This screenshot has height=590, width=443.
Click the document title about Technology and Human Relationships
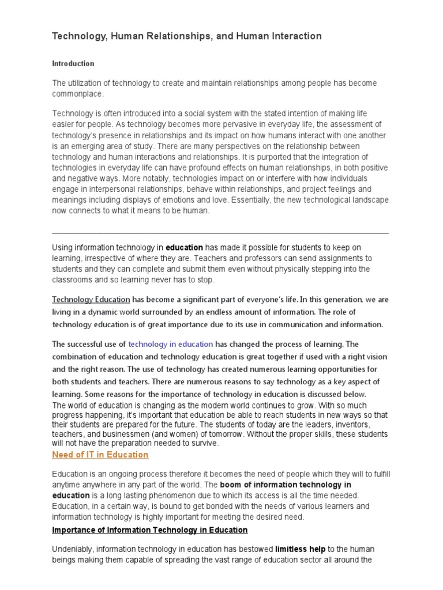tap(187, 36)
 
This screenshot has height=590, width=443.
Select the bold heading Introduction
tap(73, 63)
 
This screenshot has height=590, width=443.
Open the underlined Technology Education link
tap(91, 300)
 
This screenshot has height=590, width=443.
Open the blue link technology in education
tap(171, 344)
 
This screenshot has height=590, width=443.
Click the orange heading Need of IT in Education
tap(100, 455)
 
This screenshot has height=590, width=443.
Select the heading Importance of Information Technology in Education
tap(150, 530)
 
